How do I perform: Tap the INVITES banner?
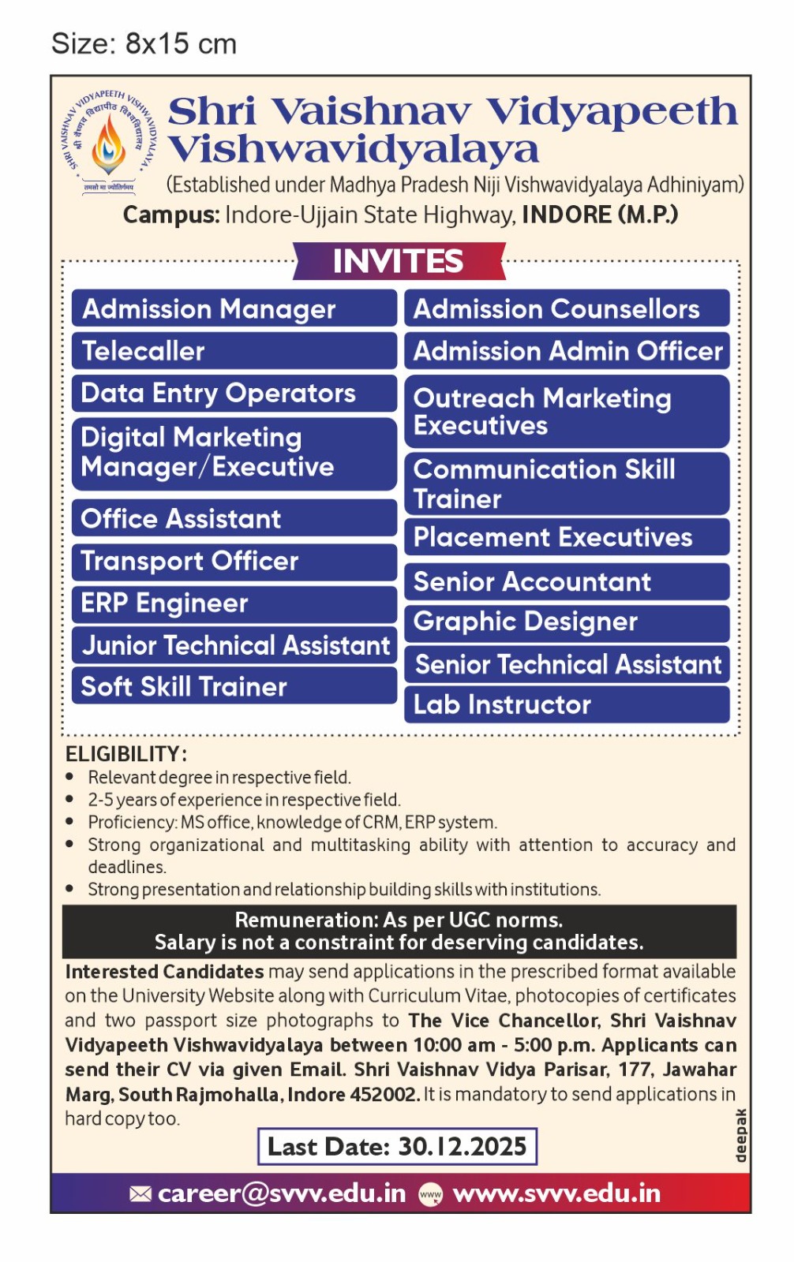coord(399,261)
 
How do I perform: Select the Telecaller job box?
coord(234,351)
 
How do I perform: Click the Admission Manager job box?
coord(234,308)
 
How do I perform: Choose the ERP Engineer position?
coord(234,603)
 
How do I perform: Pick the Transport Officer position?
coord(234,562)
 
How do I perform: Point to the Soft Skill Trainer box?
coord(234,686)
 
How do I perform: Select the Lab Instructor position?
coord(567,704)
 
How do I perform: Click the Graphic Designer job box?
coord(567,622)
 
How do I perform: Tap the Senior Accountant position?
coord(567,581)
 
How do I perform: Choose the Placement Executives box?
coord(567,537)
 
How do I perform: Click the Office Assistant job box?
coord(234,518)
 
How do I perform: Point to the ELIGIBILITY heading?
coord(125,754)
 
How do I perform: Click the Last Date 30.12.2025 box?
coord(397,1146)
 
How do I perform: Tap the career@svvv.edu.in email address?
coord(282,1193)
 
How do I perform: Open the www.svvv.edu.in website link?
coord(556,1193)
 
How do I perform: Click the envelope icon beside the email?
coord(140,1194)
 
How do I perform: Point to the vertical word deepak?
coord(740,1135)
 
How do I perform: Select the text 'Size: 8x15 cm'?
coord(144,43)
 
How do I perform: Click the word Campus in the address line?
coord(170,215)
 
